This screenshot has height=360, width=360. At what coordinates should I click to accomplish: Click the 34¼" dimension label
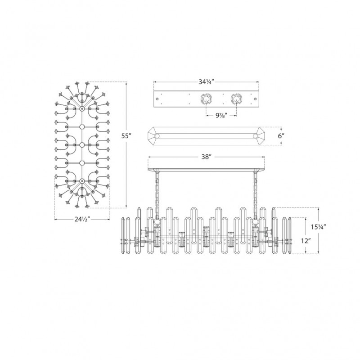pos(206,82)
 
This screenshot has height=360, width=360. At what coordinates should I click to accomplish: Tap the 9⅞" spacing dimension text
pos(221,116)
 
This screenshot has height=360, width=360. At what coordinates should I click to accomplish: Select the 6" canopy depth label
pos(281,136)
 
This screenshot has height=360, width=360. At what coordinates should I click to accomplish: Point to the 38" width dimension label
pos(206,157)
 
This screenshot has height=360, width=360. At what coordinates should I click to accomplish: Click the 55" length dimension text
pos(126,136)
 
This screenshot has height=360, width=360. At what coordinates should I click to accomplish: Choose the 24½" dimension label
pos(82,219)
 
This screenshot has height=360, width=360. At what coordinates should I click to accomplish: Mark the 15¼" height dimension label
pos(319,227)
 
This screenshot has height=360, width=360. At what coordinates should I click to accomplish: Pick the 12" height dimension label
pos(306,241)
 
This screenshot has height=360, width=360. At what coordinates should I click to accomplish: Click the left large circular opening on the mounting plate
pos(206,99)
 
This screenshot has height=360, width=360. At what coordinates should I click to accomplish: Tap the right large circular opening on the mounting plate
pos(237,99)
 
